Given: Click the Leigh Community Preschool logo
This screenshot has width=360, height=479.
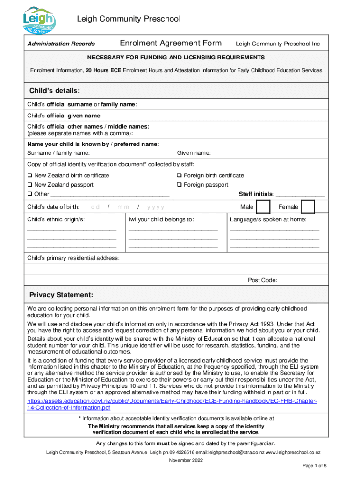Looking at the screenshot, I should click(40, 19).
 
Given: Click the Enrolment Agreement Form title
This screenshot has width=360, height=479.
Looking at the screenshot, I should click(171, 44).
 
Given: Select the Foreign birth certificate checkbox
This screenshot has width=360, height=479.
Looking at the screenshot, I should click(179, 175).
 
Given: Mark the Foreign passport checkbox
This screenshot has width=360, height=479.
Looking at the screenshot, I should click(179, 185).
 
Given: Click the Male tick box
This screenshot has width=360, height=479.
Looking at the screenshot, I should click(263, 207).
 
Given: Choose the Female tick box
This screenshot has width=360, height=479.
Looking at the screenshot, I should click(308, 207).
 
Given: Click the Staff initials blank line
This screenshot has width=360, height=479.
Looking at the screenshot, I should click(301, 195).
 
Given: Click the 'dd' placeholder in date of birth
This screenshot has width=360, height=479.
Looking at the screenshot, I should click(95, 207).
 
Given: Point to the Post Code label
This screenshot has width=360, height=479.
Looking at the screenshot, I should click(262, 280).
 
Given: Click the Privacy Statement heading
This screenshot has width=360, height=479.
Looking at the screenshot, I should click(61, 295).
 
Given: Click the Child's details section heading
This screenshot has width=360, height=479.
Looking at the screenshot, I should click(55, 90).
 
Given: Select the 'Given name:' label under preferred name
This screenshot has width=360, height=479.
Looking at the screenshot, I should click(194, 153).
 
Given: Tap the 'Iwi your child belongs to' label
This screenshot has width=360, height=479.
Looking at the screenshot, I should click(161, 219).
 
